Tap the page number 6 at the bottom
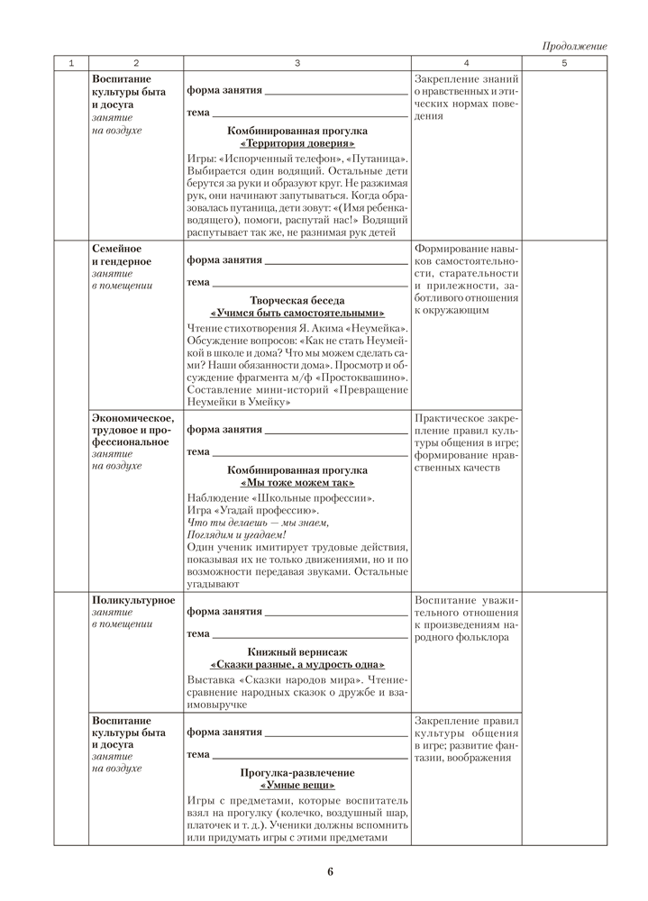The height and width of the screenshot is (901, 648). tap(331, 871)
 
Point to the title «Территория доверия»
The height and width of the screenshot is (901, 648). tap(297, 143)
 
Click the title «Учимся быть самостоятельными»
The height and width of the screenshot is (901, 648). tap(297, 313)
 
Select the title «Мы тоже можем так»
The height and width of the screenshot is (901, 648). tap(297, 483)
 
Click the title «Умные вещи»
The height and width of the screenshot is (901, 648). tap(297, 786)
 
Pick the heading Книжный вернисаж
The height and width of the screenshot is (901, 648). tap(297, 651)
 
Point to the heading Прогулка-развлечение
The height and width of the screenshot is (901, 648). tap(297, 773)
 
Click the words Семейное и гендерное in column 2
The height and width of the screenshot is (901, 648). tap(122, 255)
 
